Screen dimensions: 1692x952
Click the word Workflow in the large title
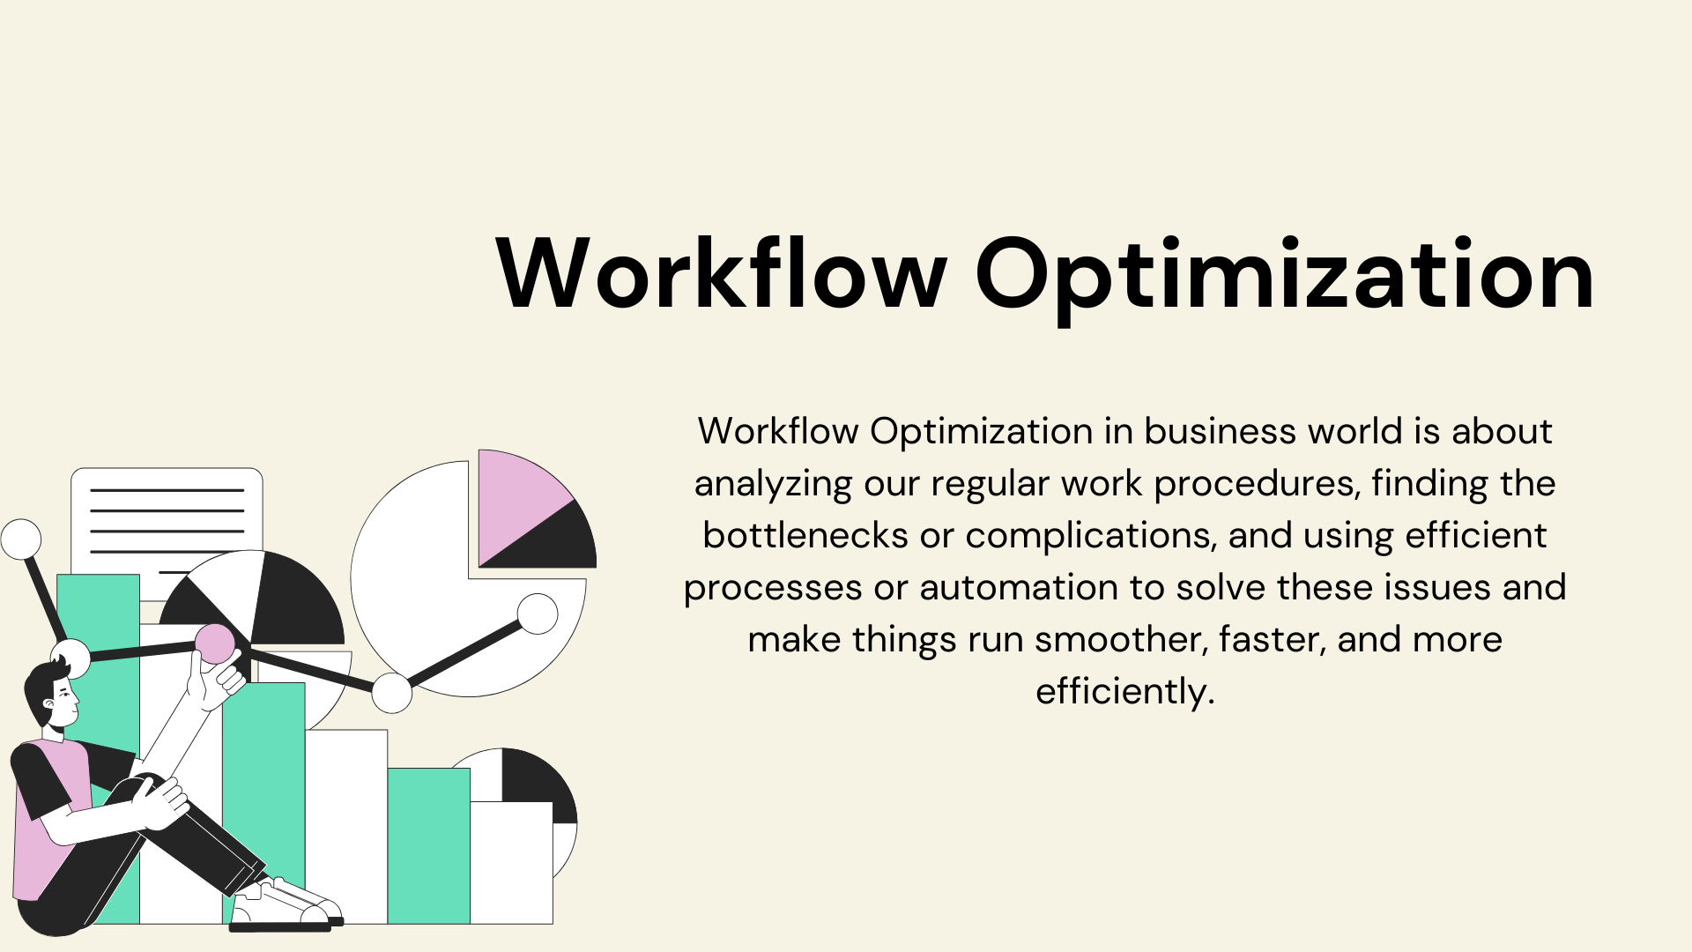click(722, 272)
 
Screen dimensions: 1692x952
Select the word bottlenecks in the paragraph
click(805, 535)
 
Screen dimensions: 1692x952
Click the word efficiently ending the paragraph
click(1124, 692)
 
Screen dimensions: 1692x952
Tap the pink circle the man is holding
click(215, 643)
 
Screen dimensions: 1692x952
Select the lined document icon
click(167, 520)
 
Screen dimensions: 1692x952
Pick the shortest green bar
click(428, 845)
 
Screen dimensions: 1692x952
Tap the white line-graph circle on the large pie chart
click(538, 614)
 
